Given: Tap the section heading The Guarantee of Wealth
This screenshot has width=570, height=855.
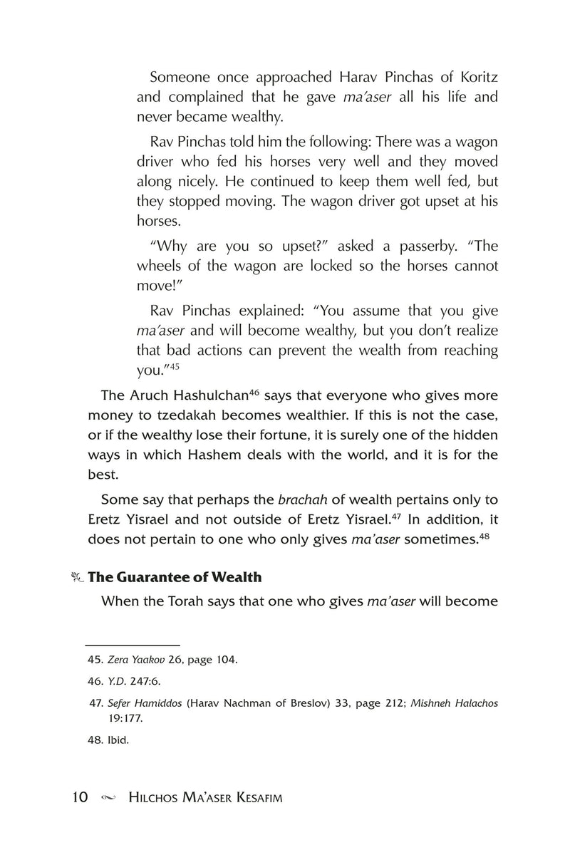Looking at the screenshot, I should tap(174, 577).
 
